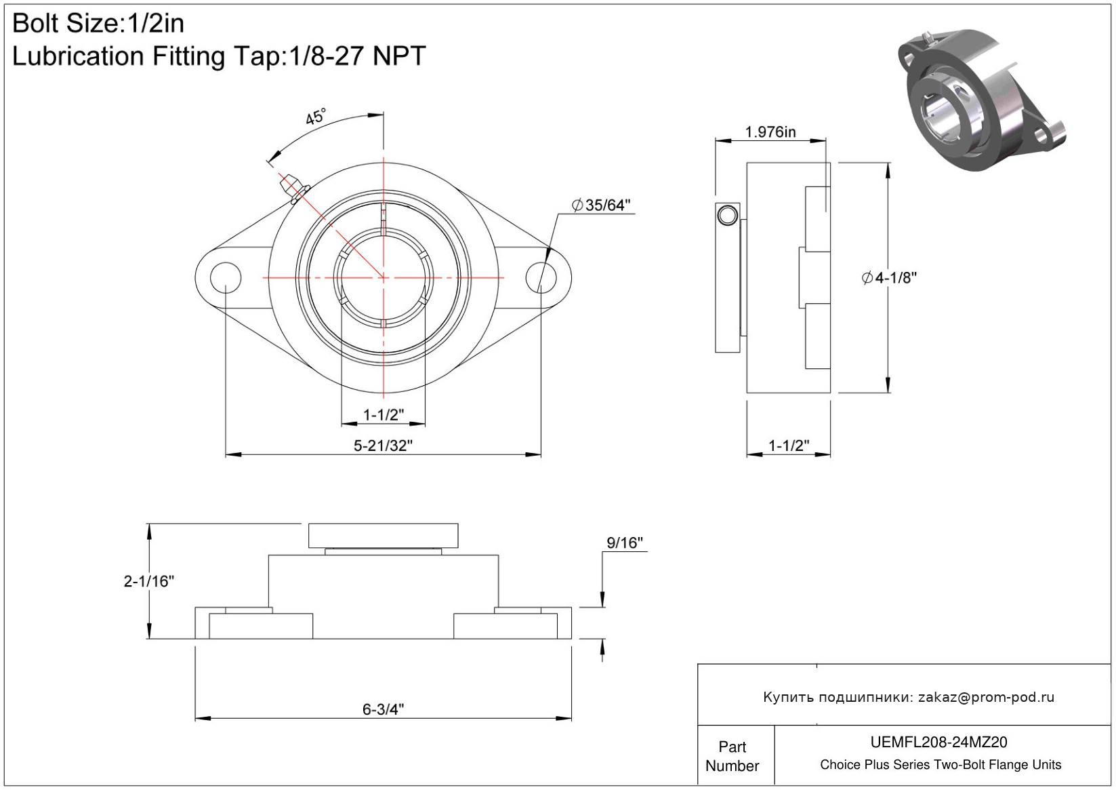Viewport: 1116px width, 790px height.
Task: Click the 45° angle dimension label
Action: click(x=315, y=117)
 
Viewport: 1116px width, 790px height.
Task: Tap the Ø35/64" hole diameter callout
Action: click(x=601, y=205)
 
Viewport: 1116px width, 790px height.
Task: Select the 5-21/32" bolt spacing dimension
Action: click(x=383, y=446)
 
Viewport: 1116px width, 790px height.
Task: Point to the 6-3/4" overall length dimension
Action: click(x=383, y=709)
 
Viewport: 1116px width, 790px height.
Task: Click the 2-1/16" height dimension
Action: click(x=149, y=581)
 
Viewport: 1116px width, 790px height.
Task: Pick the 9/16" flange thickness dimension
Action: click(x=625, y=542)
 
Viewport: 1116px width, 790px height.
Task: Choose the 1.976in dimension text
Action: click(x=770, y=132)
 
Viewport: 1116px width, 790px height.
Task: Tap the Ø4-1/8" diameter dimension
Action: click(x=889, y=278)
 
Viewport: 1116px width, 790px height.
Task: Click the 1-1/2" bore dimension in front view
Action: click(x=383, y=414)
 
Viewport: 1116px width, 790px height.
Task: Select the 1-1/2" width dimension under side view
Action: click(x=789, y=446)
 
